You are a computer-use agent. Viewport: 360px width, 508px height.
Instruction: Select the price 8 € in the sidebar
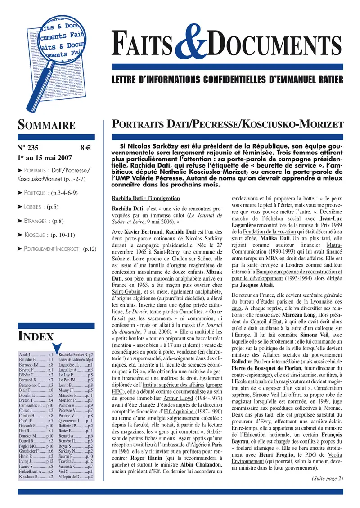pyautogui.click(x=85, y=147)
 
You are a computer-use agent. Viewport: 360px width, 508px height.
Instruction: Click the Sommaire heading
pyautogui.click(x=46, y=124)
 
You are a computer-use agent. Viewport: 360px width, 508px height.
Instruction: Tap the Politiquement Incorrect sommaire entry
pyautogui.click(x=56, y=249)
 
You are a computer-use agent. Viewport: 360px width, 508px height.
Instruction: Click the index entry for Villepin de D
pyautogui.click(x=76, y=476)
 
